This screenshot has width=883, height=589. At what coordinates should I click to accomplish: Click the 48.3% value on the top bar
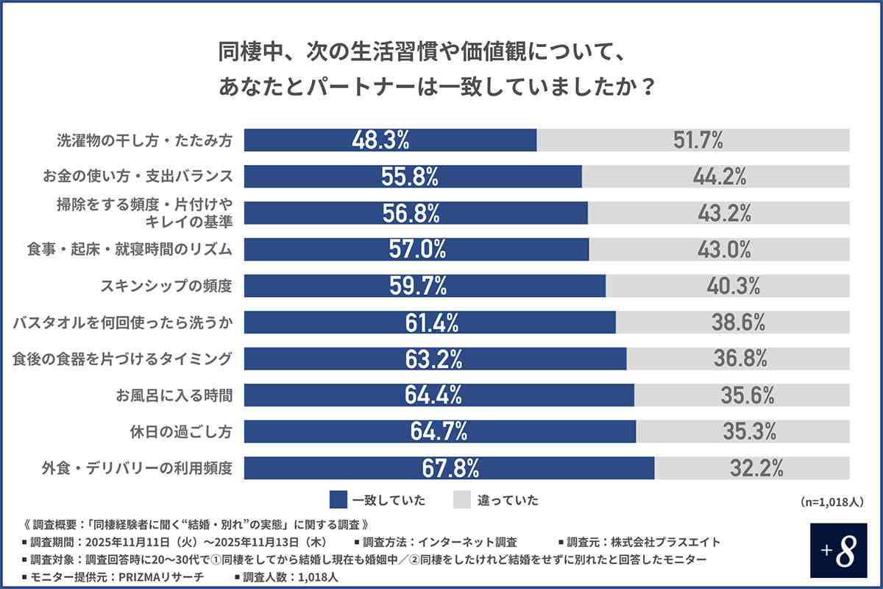coord(380,140)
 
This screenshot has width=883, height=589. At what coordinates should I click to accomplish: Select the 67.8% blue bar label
coord(450,468)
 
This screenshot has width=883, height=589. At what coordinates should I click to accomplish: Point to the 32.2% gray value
coord(756,468)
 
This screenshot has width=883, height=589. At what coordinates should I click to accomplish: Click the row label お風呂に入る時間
coord(173,395)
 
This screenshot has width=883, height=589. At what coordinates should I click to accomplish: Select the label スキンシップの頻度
coord(166,286)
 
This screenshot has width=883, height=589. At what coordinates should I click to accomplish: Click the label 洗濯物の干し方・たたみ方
coord(145,140)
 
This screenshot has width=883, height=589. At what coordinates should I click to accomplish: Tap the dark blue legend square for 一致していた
coord(338,500)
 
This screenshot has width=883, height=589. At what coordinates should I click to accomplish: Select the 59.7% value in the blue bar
coord(417,286)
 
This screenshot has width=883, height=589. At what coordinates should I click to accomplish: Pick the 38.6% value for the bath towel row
coord(739,322)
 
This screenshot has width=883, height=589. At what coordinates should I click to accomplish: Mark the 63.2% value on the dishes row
coord(433,359)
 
